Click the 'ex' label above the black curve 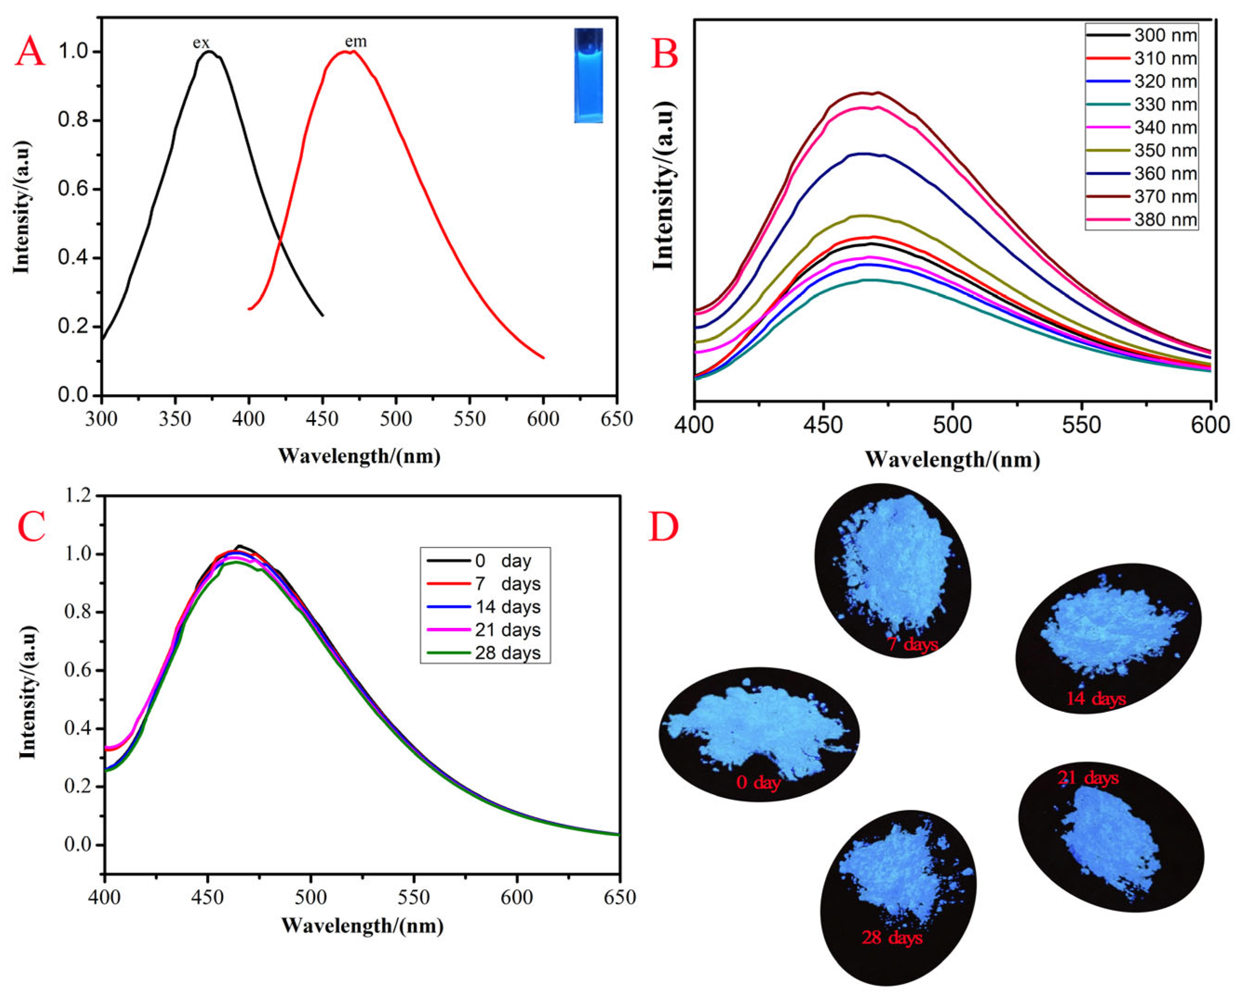201,43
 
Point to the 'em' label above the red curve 356,41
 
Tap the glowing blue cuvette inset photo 588,76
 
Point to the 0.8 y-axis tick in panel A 74,120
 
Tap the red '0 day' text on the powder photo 758,782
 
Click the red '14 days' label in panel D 1096,699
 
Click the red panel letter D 663,527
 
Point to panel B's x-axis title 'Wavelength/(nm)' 952,460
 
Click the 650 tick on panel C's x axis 618,897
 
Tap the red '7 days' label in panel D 912,644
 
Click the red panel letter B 665,55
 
